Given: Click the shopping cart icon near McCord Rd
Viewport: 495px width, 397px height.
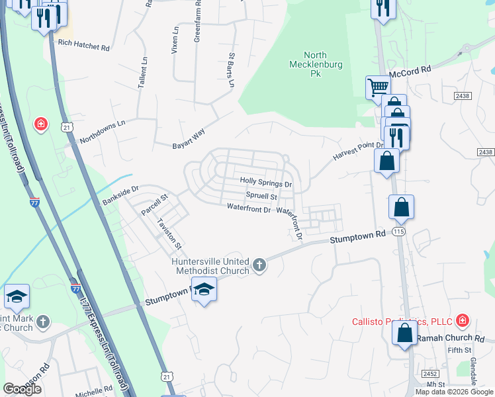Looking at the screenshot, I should click(378, 87).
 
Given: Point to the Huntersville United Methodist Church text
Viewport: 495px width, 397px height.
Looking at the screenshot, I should click(210, 265).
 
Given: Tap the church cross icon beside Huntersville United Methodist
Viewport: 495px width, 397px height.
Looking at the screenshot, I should click(259, 266).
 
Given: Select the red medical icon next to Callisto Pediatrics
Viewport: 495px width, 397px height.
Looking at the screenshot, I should click(462, 322).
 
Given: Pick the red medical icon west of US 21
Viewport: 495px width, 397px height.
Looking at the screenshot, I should click(41, 124).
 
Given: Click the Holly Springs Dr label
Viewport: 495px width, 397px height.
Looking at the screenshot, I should click(265, 181).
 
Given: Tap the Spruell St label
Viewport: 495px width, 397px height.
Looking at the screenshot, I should click(261, 197).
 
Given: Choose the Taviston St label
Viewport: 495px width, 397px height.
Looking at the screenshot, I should click(169, 234).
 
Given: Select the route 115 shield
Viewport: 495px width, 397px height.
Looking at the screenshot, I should click(398, 232).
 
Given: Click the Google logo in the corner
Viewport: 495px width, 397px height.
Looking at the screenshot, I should click(22, 389).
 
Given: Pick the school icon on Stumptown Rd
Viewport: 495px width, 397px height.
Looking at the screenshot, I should click(204, 291).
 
